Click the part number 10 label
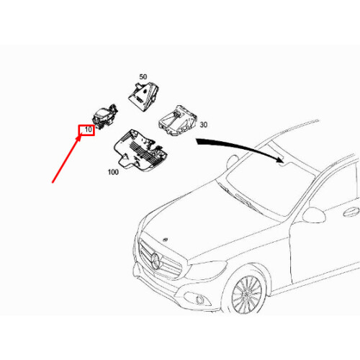point(87,130)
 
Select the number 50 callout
point(143,76)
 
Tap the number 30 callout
point(203,124)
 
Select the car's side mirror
point(314,215)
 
